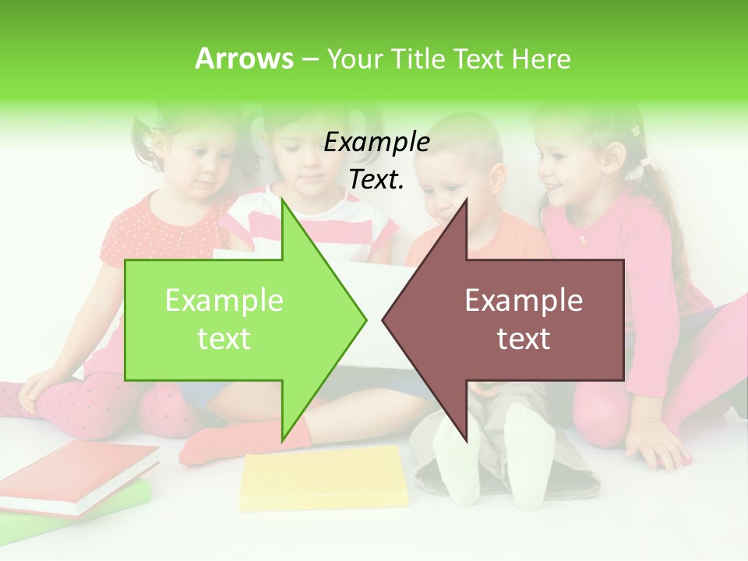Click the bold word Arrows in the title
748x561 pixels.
click(x=244, y=58)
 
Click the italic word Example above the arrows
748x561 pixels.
click(x=376, y=142)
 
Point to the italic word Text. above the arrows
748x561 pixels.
click(x=376, y=180)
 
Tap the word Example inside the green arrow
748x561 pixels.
click(x=224, y=301)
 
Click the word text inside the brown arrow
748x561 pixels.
click(x=524, y=339)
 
